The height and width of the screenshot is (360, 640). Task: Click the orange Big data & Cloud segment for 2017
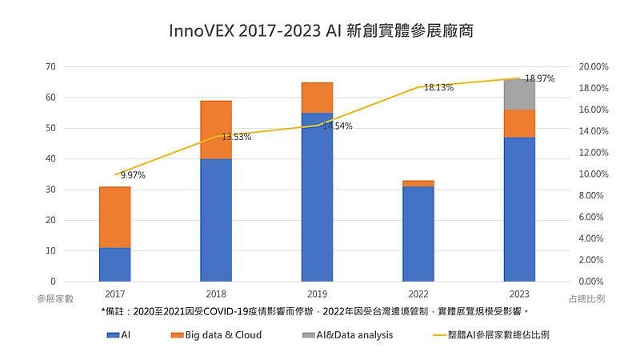114,218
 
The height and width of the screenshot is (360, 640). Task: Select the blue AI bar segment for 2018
216,220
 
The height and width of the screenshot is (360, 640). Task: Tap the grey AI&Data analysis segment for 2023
519,94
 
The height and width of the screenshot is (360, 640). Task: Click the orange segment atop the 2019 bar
317,98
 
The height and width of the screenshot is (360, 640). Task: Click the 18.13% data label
438,87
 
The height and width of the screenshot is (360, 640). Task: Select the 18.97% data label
540,78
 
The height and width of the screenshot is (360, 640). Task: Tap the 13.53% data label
236,137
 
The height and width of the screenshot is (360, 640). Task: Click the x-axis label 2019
317,292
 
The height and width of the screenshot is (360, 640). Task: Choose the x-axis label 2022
418,292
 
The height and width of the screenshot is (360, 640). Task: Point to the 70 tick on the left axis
51,67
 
